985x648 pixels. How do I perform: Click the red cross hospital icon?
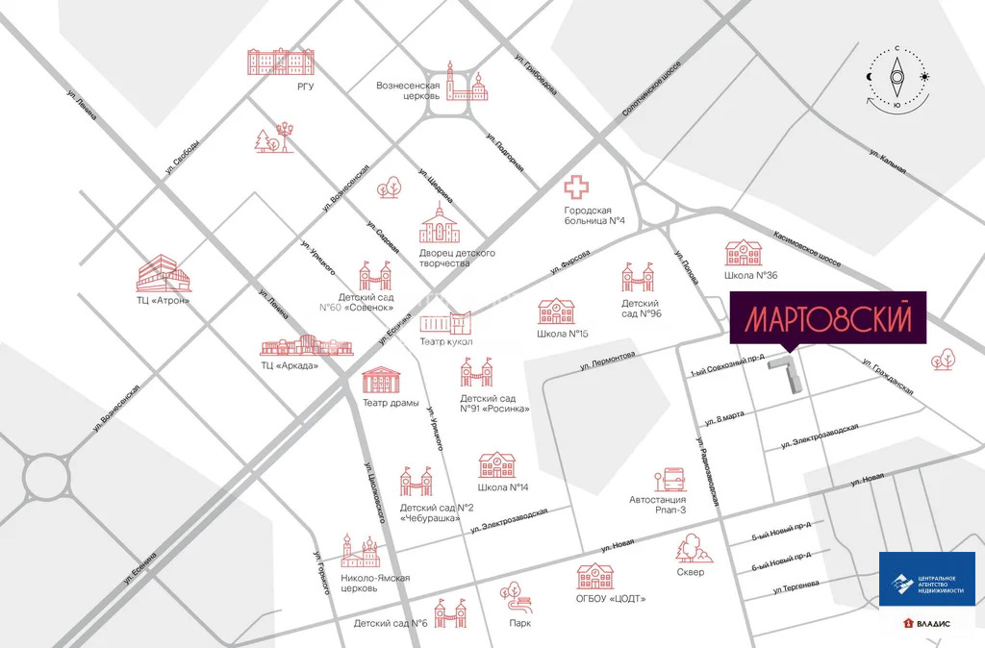[579, 188]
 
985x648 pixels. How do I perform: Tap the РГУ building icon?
[281, 62]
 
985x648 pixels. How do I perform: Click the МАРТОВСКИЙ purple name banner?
[827, 318]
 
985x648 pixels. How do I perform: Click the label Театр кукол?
[446, 342]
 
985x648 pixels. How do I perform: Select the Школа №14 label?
[503, 487]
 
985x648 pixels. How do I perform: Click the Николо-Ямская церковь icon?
[361, 551]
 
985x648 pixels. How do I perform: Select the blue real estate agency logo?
[926, 580]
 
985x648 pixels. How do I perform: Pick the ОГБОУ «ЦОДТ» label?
[610, 599]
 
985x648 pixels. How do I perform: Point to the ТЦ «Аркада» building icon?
[298, 347]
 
